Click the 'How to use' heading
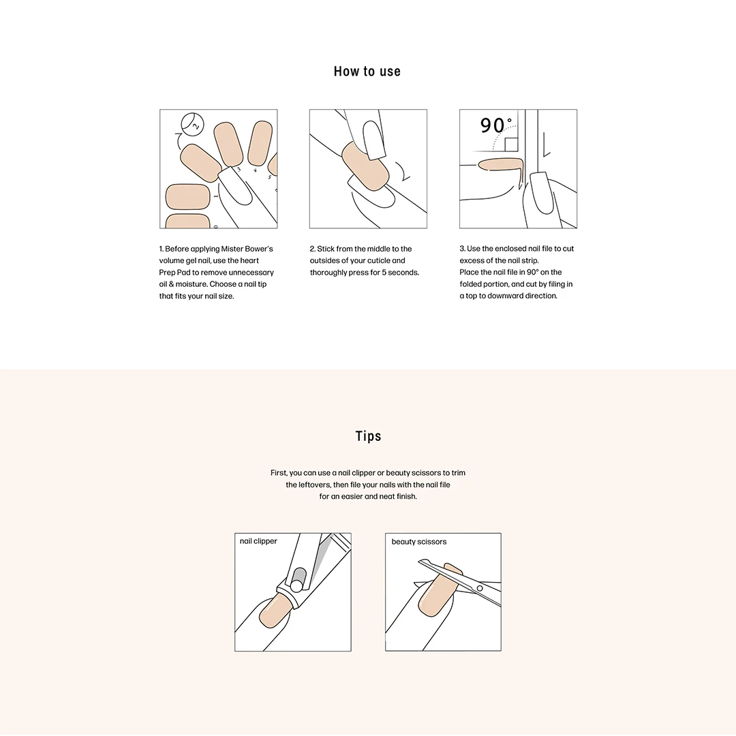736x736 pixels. [367, 72]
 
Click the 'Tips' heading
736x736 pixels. [368, 436]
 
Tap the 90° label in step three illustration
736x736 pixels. [495, 125]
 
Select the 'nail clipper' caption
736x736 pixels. [258, 541]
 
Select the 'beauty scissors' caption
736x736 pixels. [419, 542]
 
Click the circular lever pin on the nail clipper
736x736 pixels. [296, 585]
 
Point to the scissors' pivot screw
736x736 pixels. [479, 587]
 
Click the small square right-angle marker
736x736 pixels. [511, 143]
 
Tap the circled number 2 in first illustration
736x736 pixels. [193, 125]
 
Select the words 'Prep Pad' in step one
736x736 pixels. [174, 273]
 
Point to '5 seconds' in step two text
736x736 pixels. [403, 273]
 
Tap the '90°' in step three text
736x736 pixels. [533, 273]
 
